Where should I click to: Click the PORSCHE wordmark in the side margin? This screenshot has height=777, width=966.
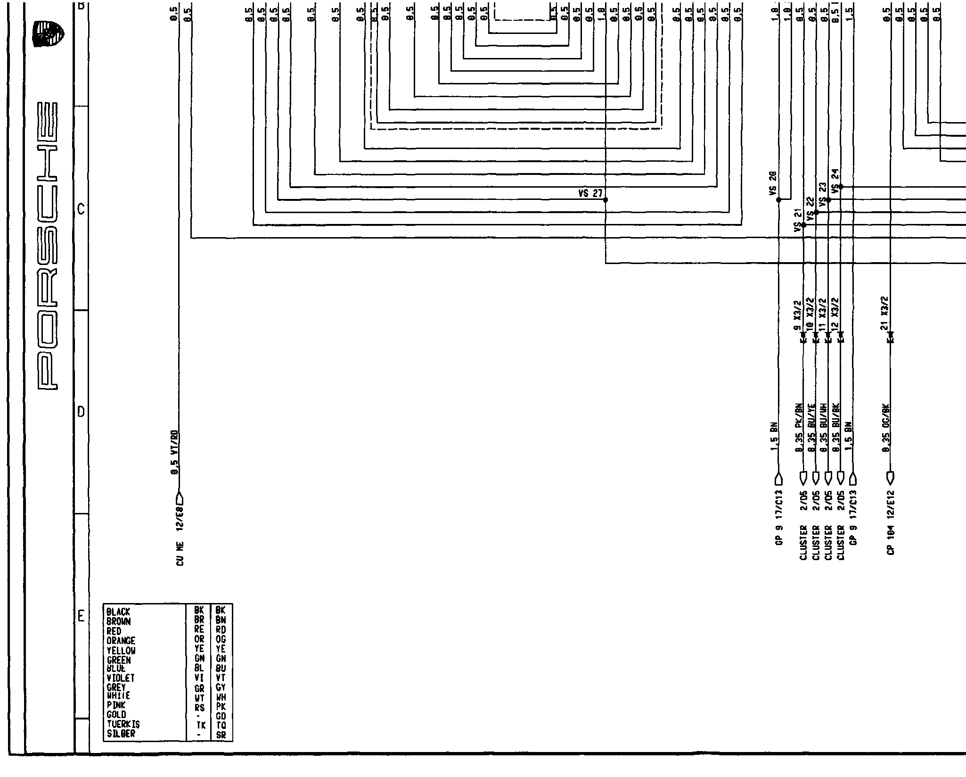tap(49, 245)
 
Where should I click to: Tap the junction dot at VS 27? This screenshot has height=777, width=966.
tap(606, 200)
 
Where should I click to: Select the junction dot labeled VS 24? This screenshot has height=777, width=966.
tap(841, 187)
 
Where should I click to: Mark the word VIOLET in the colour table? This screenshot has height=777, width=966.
tap(121, 678)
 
